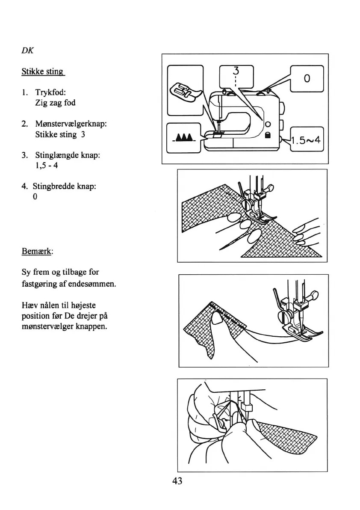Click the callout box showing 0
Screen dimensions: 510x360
[x=307, y=79]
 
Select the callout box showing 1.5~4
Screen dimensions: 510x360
[x=307, y=140]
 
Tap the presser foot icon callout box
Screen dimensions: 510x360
[x=185, y=90]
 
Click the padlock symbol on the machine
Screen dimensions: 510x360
[x=268, y=135]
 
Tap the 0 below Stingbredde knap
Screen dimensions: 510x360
[x=35, y=197]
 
